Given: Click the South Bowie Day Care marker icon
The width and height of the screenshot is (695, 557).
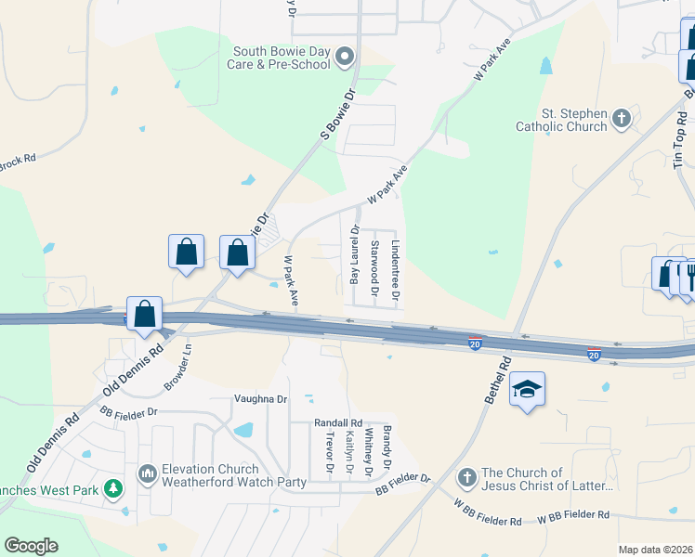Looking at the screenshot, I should tap(345, 58).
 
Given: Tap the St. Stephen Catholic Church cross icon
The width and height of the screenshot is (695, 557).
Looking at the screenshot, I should tap(622, 119).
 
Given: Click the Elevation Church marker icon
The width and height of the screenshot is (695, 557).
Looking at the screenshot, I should tap(147, 475).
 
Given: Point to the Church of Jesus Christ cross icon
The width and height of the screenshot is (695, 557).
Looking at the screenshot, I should tap(467, 479).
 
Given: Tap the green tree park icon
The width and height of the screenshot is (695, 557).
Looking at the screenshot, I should tap(112, 487).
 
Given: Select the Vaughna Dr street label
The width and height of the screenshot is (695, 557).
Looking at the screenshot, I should tap(260, 399).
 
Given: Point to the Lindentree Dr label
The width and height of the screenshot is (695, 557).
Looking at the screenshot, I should tap(395, 272).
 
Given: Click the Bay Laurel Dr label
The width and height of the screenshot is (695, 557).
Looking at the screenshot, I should tap(354, 253).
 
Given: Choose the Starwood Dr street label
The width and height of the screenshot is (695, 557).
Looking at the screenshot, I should tap(374, 267).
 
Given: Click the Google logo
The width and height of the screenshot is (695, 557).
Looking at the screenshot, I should tap(31, 546).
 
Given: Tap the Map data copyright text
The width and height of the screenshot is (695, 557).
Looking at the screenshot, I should tap(655, 550).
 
